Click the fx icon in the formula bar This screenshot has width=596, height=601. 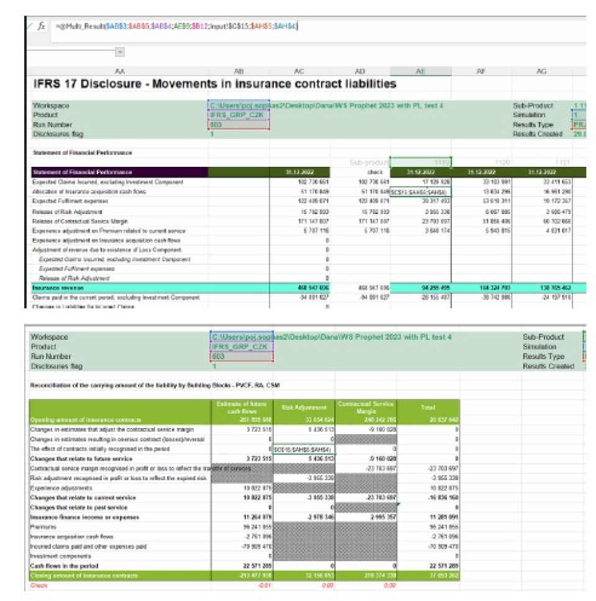(x=42, y=27)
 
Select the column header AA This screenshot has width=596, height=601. (x=120, y=72)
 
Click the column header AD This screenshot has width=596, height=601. (x=359, y=72)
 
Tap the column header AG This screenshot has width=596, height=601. (x=541, y=72)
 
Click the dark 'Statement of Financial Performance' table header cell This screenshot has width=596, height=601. (x=83, y=172)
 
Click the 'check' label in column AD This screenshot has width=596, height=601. (x=359, y=172)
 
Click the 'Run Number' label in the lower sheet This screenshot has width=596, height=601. (x=51, y=357)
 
